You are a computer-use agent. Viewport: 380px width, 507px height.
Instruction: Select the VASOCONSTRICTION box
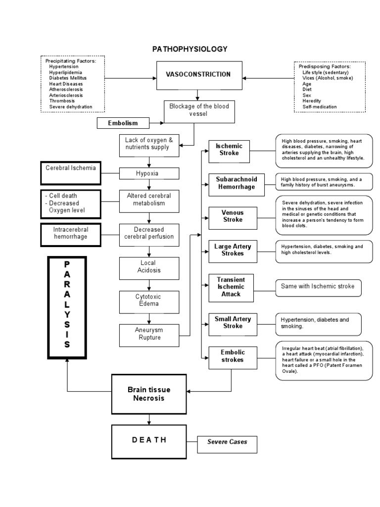[x=199, y=75]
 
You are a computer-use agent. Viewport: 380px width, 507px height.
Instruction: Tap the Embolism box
[x=123, y=123]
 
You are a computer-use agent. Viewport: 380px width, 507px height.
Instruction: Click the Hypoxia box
[x=149, y=173]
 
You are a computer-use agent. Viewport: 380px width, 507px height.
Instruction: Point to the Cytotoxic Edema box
[x=149, y=300]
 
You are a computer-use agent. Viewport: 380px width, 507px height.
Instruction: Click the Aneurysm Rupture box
[x=149, y=334]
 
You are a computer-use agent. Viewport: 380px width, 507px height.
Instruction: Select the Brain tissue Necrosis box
[x=149, y=394]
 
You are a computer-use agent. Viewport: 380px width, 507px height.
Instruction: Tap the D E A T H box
[x=149, y=440]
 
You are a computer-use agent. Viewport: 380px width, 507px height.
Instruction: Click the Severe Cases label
[x=227, y=442]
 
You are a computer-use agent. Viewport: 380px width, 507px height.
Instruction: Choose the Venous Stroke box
[x=233, y=216]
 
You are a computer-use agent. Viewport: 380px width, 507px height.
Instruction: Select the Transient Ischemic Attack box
[x=231, y=287]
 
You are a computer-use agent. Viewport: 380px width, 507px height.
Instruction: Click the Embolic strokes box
[x=233, y=356]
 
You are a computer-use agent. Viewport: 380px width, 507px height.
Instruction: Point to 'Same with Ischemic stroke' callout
[x=318, y=287]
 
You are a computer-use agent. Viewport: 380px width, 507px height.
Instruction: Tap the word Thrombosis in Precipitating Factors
[x=63, y=101]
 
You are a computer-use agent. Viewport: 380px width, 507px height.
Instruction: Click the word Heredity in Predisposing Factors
[x=312, y=101]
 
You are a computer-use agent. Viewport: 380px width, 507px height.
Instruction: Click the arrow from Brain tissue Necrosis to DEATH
[x=149, y=419]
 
